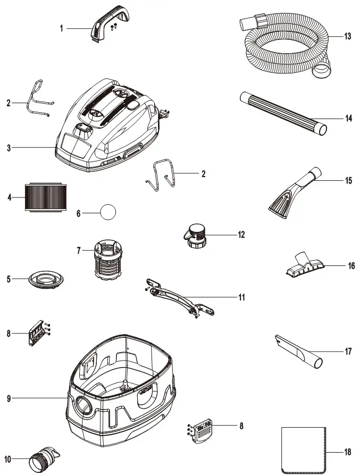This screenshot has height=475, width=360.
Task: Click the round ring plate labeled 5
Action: pyautogui.click(x=47, y=279)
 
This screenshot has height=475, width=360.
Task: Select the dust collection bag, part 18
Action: pyautogui.click(x=302, y=449)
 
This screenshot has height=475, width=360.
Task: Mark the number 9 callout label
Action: pyautogui.click(x=9, y=398)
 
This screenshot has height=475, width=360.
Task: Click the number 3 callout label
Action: pyautogui.click(x=9, y=148)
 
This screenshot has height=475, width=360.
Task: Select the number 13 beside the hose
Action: pyautogui.click(x=347, y=37)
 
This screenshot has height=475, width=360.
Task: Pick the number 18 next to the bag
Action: pyautogui.click(x=347, y=453)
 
